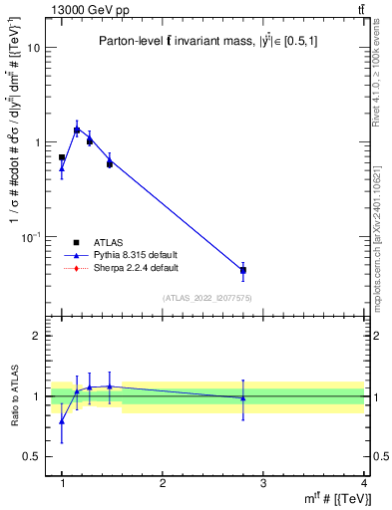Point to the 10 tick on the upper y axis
[x=36, y=48]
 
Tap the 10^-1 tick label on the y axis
[x=33, y=236]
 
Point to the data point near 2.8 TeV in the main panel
[x=243, y=270]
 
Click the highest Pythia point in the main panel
[x=77, y=129]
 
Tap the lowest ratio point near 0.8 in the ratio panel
[x=62, y=421]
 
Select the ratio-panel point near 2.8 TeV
[x=243, y=398]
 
